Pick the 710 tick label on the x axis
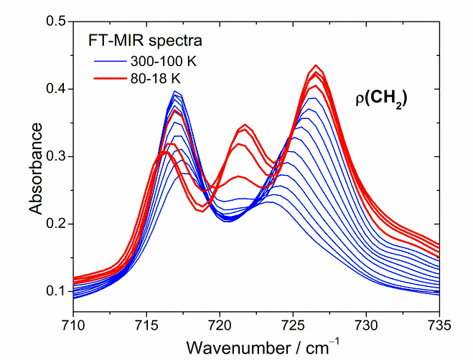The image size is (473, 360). (73, 325)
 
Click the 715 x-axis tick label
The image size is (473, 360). (146, 325)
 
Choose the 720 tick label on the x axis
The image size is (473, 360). (220, 325)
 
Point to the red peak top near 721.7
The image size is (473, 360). (245, 125)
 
